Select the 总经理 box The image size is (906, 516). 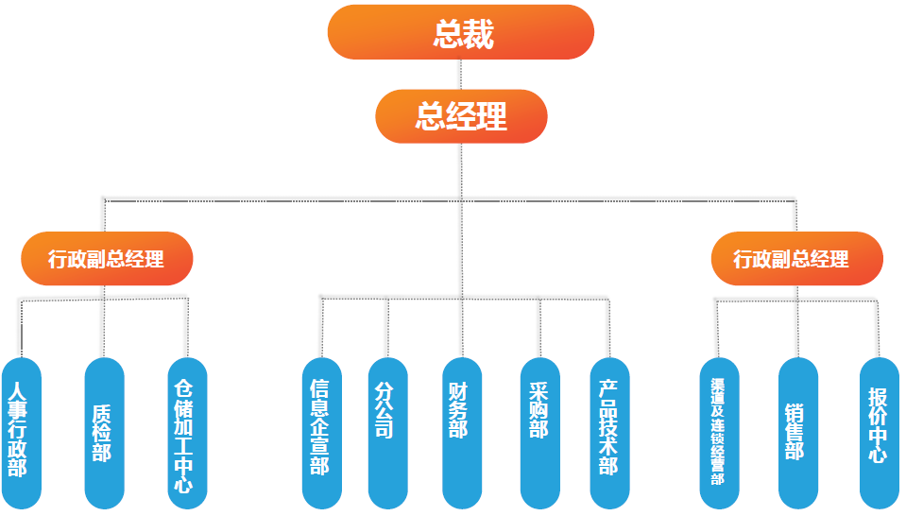pyautogui.click(x=461, y=116)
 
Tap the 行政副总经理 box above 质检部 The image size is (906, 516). pyautogui.click(x=107, y=258)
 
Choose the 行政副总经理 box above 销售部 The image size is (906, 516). pyautogui.click(x=796, y=258)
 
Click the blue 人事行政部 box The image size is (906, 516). pyautogui.click(x=19, y=432)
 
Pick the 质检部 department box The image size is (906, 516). pyautogui.click(x=104, y=432)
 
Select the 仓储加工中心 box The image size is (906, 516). pyautogui.click(x=186, y=432)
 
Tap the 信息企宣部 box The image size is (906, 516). pyautogui.click(x=321, y=432)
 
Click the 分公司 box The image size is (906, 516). pyautogui.click(x=387, y=432)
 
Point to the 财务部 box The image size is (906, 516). pyautogui.click(x=461, y=432)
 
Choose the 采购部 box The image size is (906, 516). pyautogui.click(x=539, y=432)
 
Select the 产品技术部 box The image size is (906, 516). pyautogui.click(x=609, y=432)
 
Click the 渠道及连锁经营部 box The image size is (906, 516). pyautogui.click(x=718, y=432)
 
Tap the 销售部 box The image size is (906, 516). pyautogui.click(x=797, y=432)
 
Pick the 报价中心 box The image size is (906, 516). pyautogui.click(x=879, y=432)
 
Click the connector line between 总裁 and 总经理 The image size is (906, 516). pyautogui.click(x=461, y=75)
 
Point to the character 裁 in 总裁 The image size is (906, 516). pyautogui.click(x=479, y=34)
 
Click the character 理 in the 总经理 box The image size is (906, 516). pyautogui.click(x=492, y=116)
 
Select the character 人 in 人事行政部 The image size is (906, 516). pyautogui.click(x=17, y=389)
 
